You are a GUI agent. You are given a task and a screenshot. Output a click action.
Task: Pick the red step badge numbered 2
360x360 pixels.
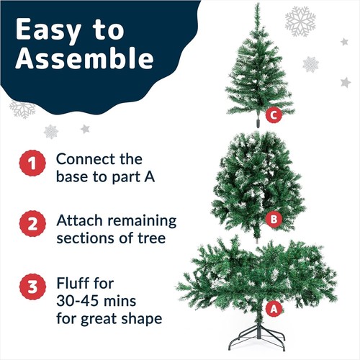coord(31,225)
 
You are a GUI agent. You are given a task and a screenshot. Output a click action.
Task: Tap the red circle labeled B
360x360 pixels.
coord(272,219)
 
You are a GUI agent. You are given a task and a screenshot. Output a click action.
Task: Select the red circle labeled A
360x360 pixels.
coord(272,308)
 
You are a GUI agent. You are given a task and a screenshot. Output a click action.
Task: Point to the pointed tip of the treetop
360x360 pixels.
coord(256,6)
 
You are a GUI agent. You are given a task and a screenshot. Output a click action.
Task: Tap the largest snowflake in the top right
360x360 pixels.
coord(300,21)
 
